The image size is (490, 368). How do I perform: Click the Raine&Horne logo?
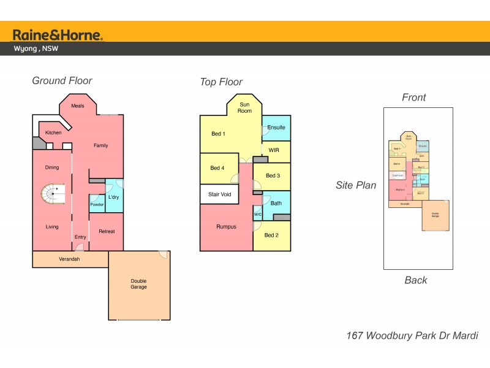click(x=58, y=34)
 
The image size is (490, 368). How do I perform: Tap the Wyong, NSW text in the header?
click(x=36, y=49)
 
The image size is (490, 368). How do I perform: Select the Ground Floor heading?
click(x=62, y=80)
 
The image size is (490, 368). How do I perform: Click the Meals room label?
click(x=78, y=105)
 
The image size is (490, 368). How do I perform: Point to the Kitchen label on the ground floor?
click(x=53, y=132)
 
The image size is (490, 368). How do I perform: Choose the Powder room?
click(x=97, y=204)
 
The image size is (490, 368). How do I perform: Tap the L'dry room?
click(x=113, y=197)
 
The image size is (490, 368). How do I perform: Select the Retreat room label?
click(x=107, y=231)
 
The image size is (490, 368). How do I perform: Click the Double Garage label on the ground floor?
click(x=139, y=284)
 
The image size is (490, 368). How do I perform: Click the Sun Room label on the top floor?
click(x=245, y=107)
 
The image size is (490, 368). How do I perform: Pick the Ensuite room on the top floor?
click(x=276, y=128)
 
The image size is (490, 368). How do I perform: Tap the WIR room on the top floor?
click(x=274, y=150)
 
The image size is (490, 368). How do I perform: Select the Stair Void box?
click(x=219, y=194)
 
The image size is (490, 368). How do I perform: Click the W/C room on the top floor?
click(x=257, y=214)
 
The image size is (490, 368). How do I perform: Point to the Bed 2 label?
click(x=272, y=235)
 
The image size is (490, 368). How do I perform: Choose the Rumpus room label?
click(x=226, y=226)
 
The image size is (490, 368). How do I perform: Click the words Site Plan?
click(x=356, y=185)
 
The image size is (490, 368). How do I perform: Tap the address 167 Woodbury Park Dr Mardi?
click(x=412, y=335)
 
